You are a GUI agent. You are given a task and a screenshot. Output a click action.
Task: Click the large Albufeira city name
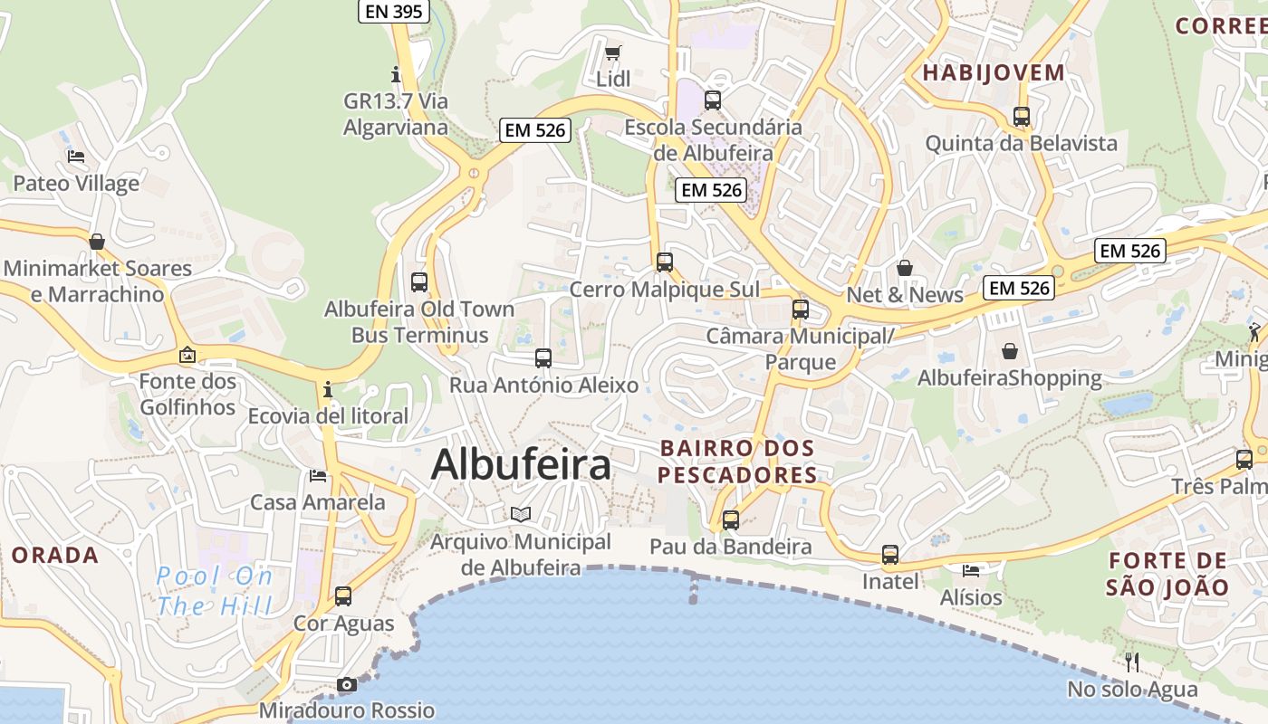pos(521,465)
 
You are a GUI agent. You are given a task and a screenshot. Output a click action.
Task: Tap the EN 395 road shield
pos(393,11)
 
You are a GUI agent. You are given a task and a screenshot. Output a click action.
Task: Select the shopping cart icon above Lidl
pos(613,52)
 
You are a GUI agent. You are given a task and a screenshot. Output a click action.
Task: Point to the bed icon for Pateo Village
pos(76,157)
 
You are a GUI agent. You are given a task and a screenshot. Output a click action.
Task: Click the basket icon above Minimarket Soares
pos(97,242)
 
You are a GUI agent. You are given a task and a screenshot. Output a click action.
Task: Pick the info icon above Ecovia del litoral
pos(328,389)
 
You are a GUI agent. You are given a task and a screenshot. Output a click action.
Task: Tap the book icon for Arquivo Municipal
pos(521,514)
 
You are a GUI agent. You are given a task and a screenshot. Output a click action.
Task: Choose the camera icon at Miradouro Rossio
pos(347,684)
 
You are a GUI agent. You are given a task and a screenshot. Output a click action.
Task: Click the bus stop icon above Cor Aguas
pos(343,595)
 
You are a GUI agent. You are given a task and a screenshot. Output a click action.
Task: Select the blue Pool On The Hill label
pos(215,590)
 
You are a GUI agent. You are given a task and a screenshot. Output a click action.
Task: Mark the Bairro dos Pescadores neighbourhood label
pos(737,462)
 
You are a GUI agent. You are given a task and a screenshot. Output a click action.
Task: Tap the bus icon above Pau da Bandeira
pos(731,519)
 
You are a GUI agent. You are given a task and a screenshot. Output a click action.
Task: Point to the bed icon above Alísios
pos(971,570)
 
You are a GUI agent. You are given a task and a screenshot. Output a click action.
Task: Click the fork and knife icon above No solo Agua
pos(1131,662)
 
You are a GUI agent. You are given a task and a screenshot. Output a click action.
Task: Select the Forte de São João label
pos(1167,574)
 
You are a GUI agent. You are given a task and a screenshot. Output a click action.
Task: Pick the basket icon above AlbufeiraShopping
pos(1010,350)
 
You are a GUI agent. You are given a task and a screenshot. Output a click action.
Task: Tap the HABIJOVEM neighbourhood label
pos(994,73)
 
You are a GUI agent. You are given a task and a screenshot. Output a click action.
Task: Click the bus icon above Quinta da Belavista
pos(1022,116)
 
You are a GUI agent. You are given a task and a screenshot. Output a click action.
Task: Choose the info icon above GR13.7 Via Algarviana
pos(395,73)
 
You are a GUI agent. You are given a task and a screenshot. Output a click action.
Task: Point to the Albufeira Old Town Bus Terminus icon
pos(418,281)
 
